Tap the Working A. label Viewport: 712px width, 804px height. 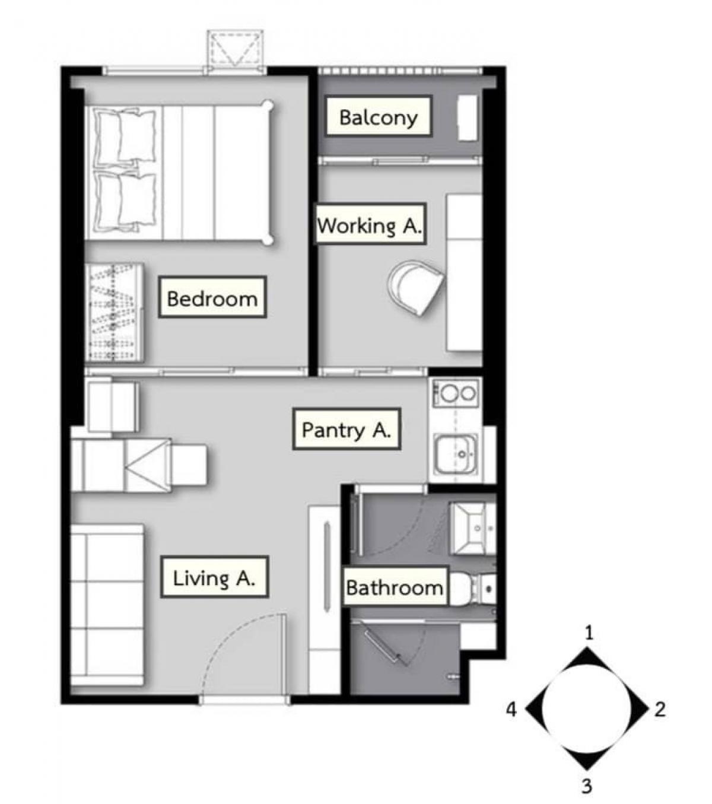(x=370, y=225)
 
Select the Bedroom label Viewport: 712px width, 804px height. (x=212, y=298)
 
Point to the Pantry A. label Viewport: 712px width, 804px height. (x=347, y=430)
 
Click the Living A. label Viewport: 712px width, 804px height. (x=214, y=577)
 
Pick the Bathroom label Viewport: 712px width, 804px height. (x=395, y=587)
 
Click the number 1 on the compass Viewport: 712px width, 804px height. (x=589, y=633)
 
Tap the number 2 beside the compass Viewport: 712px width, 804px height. (x=660, y=709)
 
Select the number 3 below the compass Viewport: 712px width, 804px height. (x=587, y=785)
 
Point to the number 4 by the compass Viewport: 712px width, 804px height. (x=511, y=710)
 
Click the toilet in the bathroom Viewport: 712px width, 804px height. (x=472, y=589)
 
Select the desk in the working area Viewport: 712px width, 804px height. (x=465, y=272)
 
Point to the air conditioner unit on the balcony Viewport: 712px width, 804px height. (x=467, y=117)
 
